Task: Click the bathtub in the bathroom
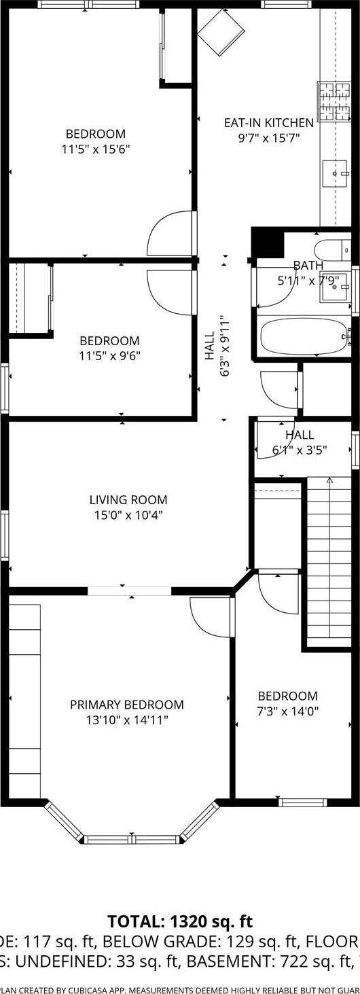[303, 336]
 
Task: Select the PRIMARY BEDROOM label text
[127, 705]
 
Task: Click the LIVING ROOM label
[128, 500]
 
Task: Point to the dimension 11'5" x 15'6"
[95, 148]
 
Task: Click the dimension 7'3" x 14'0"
[287, 711]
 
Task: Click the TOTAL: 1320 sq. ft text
[180, 921]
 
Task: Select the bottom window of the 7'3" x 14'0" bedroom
[298, 802]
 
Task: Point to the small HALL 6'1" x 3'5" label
[300, 441]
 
